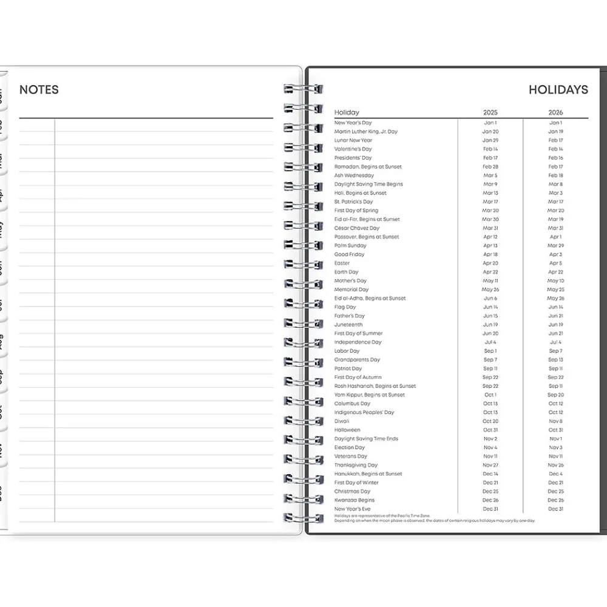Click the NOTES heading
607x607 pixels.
[39, 90]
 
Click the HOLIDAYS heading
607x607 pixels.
[558, 90]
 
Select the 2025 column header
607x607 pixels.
[490, 112]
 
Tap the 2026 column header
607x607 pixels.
[555, 112]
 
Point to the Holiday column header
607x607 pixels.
[347, 112]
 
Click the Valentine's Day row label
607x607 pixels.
[353, 149]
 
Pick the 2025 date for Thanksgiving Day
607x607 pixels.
[490, 465]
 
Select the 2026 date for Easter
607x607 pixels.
[555, 263]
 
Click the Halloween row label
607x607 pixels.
[347, 430]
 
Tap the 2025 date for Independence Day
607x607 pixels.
[490, 342]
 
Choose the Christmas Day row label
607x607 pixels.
[352, 492]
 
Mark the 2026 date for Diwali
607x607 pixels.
[555, 421]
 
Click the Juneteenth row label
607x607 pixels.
[348, 325]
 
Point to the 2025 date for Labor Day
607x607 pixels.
[490, 351]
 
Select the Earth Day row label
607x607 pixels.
[347, 272]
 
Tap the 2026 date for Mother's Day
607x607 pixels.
[555, 281]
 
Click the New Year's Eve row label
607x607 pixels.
[352, 509]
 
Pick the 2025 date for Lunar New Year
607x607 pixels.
[490, 140]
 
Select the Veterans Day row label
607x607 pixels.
[351, 456]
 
